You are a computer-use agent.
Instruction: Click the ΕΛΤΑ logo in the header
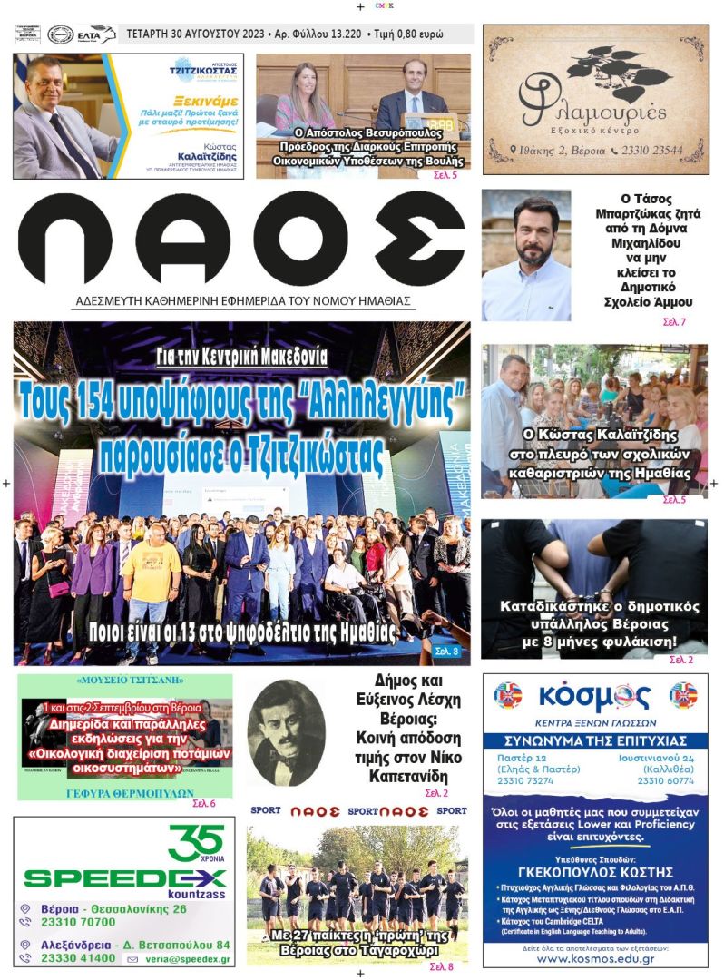94,34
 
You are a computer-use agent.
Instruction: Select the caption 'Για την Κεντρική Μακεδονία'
241,357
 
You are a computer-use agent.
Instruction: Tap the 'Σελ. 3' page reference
447,651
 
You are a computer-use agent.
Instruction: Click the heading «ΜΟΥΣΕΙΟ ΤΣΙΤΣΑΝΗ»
124,680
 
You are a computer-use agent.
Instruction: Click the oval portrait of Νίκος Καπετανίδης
288,733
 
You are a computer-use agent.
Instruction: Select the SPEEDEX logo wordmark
124,877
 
